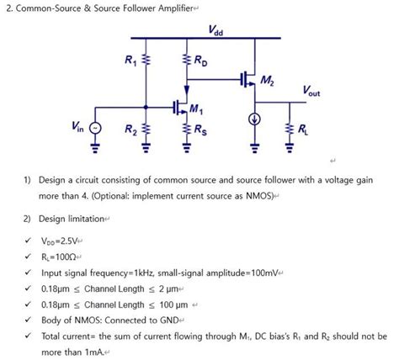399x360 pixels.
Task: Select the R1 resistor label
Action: (x=130, y=61)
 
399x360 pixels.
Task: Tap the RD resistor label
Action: (x=203, y=61)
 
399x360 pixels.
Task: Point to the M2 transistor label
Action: (x=268, y=81)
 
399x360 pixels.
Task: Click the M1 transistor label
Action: (x=196, y=108)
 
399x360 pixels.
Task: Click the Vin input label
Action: (x=77, y=127)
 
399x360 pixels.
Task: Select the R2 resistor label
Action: (x=130, y=130)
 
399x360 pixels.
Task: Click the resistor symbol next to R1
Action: (x=146, y=61)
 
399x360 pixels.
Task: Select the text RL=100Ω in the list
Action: (x=57, y=257)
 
